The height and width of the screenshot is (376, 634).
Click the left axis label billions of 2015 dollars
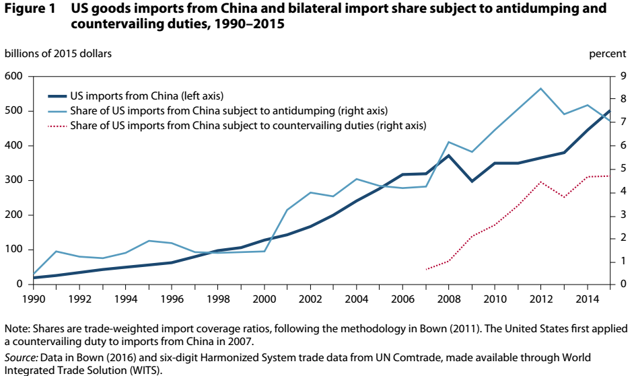tap(59, 53)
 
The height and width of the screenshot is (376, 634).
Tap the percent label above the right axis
tap(608, 53)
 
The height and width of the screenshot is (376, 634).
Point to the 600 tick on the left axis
tap(14, 77)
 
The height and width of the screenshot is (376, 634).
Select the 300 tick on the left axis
tap(14, 180)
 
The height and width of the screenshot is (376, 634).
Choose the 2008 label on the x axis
tap(450, 297)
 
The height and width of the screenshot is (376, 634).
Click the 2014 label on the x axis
tap(587, 297)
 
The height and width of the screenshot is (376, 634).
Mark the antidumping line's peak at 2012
tap(540, 88)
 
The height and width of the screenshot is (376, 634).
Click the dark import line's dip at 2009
tap(472, 182)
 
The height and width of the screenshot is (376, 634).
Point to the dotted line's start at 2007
tap(426, 269)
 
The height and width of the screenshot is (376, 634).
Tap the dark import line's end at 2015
tap(610, 111)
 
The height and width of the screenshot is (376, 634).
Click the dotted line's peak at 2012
tap(540, 182)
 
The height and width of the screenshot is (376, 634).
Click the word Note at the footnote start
tap(16, 329)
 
